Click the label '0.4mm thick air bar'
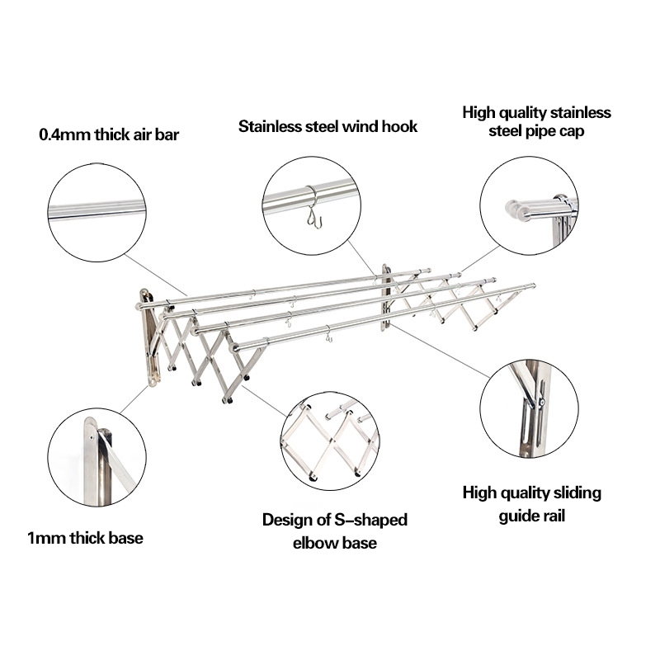109,134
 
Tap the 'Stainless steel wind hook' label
328,126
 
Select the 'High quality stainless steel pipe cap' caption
537,121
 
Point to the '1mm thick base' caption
85,538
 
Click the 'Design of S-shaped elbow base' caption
335,531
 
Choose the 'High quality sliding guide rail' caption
531,504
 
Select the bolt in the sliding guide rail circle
541,403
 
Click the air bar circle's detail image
97,212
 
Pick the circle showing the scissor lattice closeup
330,441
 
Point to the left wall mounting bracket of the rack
148,337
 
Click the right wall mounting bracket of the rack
386,297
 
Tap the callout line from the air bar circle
155,275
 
